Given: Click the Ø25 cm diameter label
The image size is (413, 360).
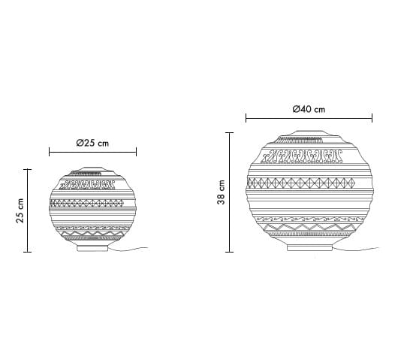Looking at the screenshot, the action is pyautogui.click(x=92, y=143).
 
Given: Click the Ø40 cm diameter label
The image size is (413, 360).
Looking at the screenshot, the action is pyautogui.click(x=309, y=109).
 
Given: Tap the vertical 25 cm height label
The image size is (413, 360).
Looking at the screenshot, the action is pyautogui.click(x=20, y=210).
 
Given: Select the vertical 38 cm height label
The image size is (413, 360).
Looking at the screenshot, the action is pyautogui.click(x=222, y=192).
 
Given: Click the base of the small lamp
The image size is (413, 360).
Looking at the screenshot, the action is pyautogui.click(x=92, y=248).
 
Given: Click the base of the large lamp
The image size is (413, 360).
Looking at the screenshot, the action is pyautogui.click(x=309, y=247).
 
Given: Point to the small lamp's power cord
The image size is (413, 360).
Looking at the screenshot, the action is pyautogui.click(x=128, y=249).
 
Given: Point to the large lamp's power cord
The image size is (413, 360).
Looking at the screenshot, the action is pyautogui.click(x=356, y=249).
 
